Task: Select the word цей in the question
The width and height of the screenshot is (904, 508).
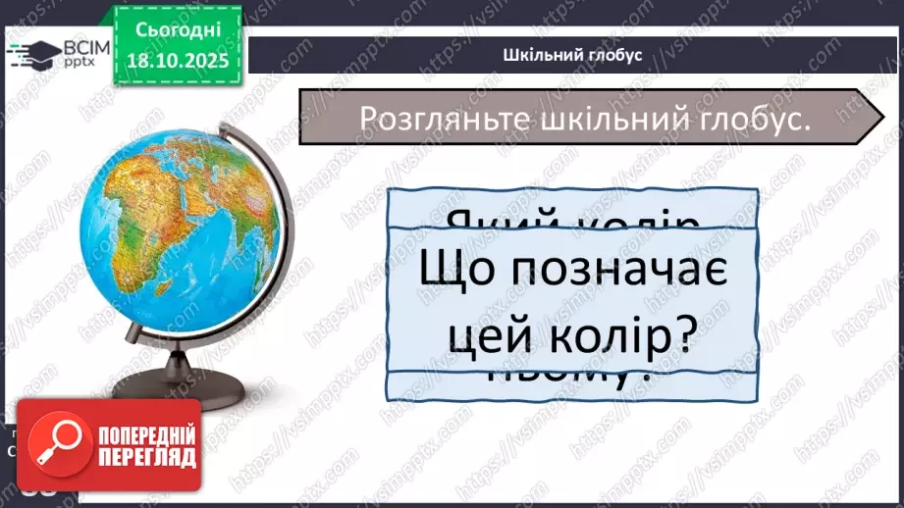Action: (x=488, y=337)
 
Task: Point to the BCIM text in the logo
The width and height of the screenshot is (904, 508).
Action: (x=77, y=45)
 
